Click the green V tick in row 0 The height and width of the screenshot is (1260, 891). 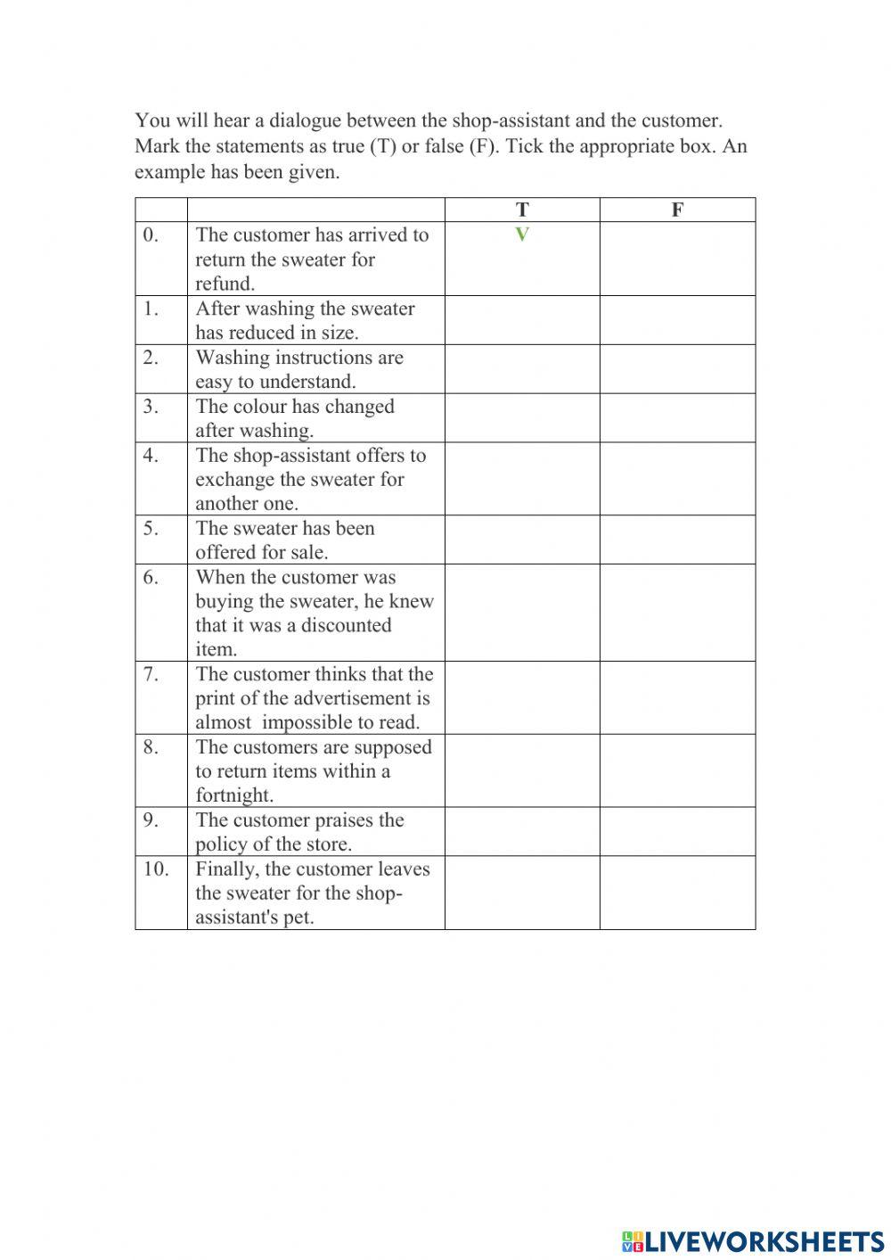click(x=522, y=235)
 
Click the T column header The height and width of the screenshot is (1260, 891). click(x=522, y=210)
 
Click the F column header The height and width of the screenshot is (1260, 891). click(x=677, y=210)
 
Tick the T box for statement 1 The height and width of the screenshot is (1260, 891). click(x=522, y=320)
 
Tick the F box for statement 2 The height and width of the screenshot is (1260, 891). click(x=677, y=369)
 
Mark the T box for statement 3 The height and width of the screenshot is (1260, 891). click(x=522, y=418)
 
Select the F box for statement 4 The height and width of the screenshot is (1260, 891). click(x=677, y=479)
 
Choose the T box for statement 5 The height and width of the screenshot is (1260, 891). click(x=522, y=539)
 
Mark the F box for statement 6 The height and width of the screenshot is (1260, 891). click(x=677, y=613)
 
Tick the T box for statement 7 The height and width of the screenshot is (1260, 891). click(x=522, y=698)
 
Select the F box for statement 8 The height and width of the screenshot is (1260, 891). click(x=677, y=771)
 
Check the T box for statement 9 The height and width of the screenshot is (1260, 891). click(x=522, y=832)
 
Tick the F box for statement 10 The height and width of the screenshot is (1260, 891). click(x=677, y=893)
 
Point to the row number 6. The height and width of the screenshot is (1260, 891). click(x=151, y=578)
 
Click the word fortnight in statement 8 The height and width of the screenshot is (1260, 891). click(x=233, y=795)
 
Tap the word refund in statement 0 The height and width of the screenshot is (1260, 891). click(x=225, y=284)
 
